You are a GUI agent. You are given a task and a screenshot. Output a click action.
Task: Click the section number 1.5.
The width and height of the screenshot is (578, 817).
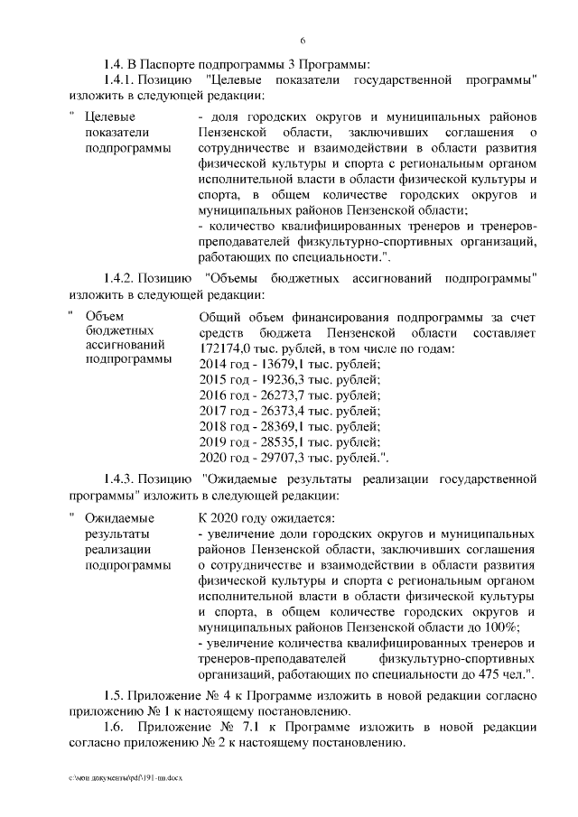click(113, 696)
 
